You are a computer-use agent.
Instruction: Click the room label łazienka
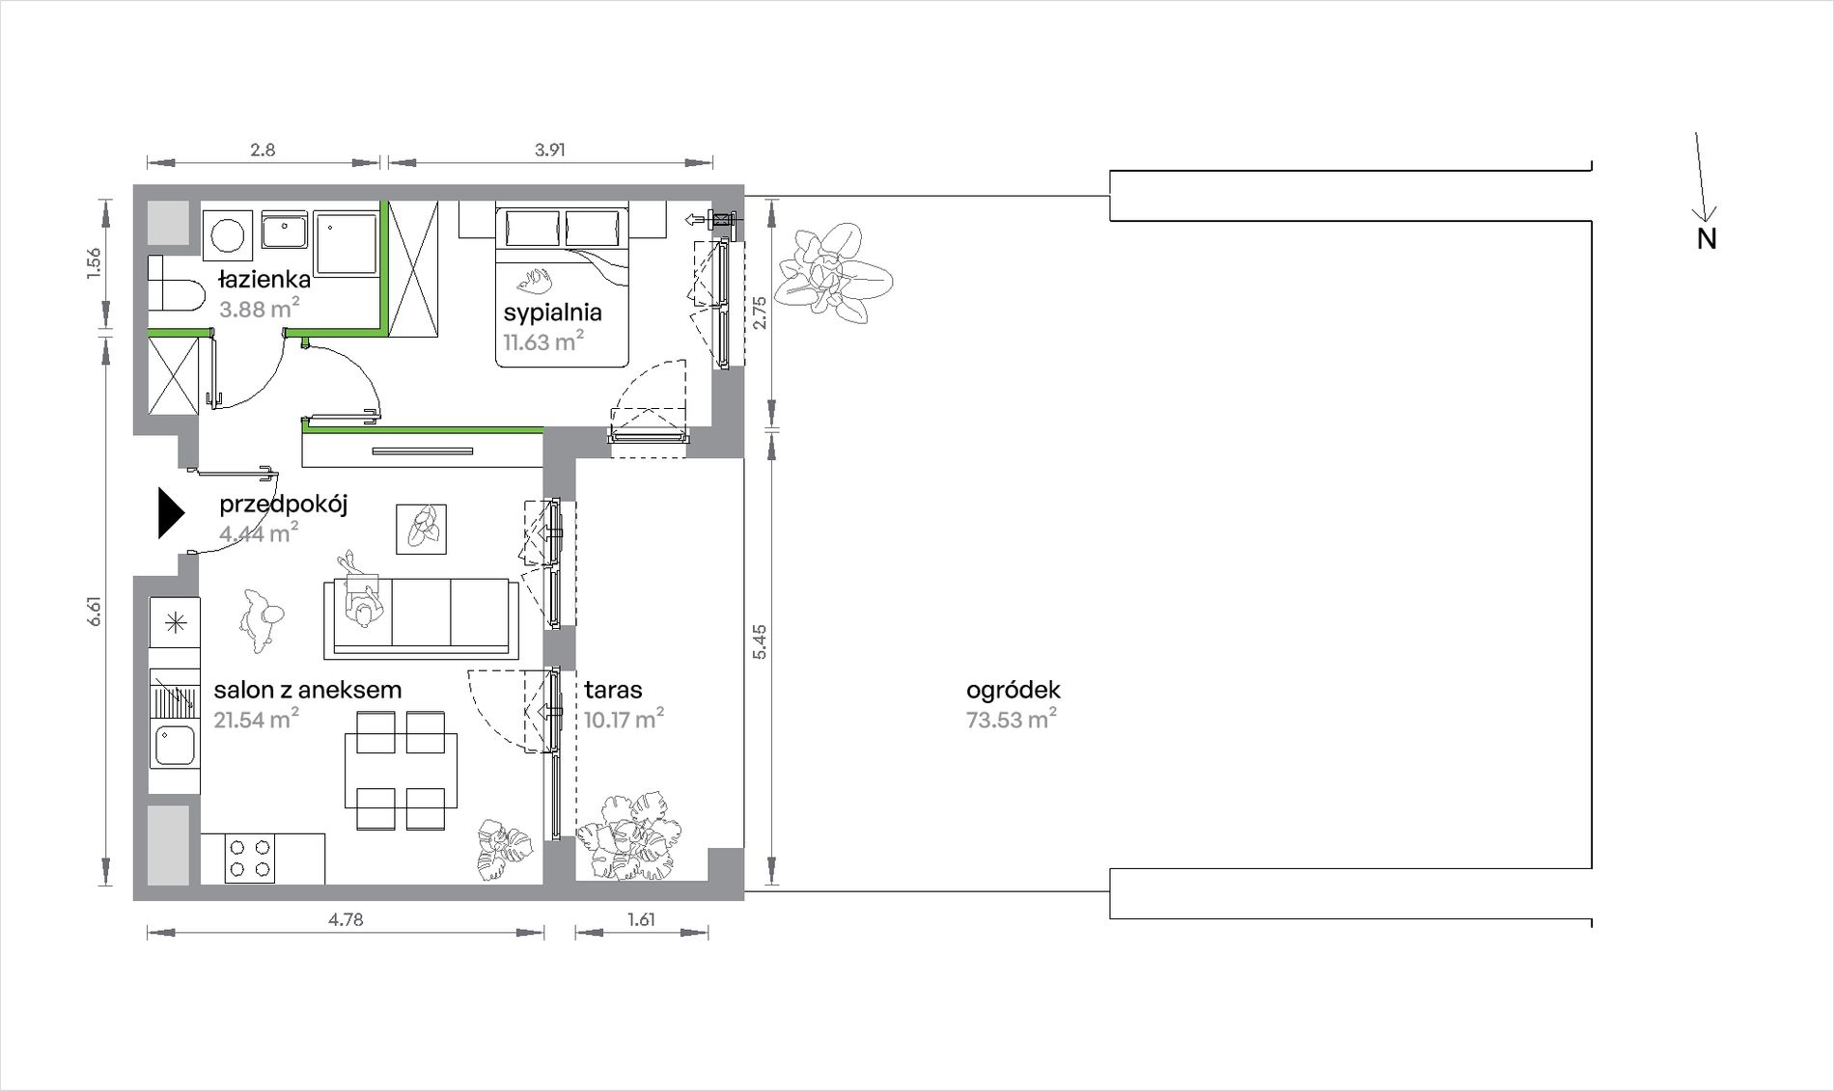click(264, 280)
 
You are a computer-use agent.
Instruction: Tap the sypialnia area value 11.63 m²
click(543, 341)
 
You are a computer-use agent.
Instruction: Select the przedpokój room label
click(283, 504)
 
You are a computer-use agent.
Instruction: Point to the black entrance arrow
click(171, 513)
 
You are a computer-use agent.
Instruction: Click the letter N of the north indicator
click(1707, 239)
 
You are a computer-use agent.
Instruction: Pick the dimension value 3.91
click(549, 150)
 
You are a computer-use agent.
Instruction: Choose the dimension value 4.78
click(346, 919)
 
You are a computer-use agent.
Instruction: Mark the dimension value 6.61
click(95, 612)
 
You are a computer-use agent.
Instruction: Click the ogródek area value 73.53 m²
click(1012, 720)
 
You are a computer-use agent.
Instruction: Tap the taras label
click(613, 690)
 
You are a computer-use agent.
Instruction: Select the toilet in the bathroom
click(175, 284)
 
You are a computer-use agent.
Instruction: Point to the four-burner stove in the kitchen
click(250, 859)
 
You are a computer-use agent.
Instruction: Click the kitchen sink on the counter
click(175, 746)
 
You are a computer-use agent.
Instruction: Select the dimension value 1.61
click(641, 919)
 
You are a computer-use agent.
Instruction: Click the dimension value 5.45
click(759, 641)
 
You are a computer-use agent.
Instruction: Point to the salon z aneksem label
click(308, 690)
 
